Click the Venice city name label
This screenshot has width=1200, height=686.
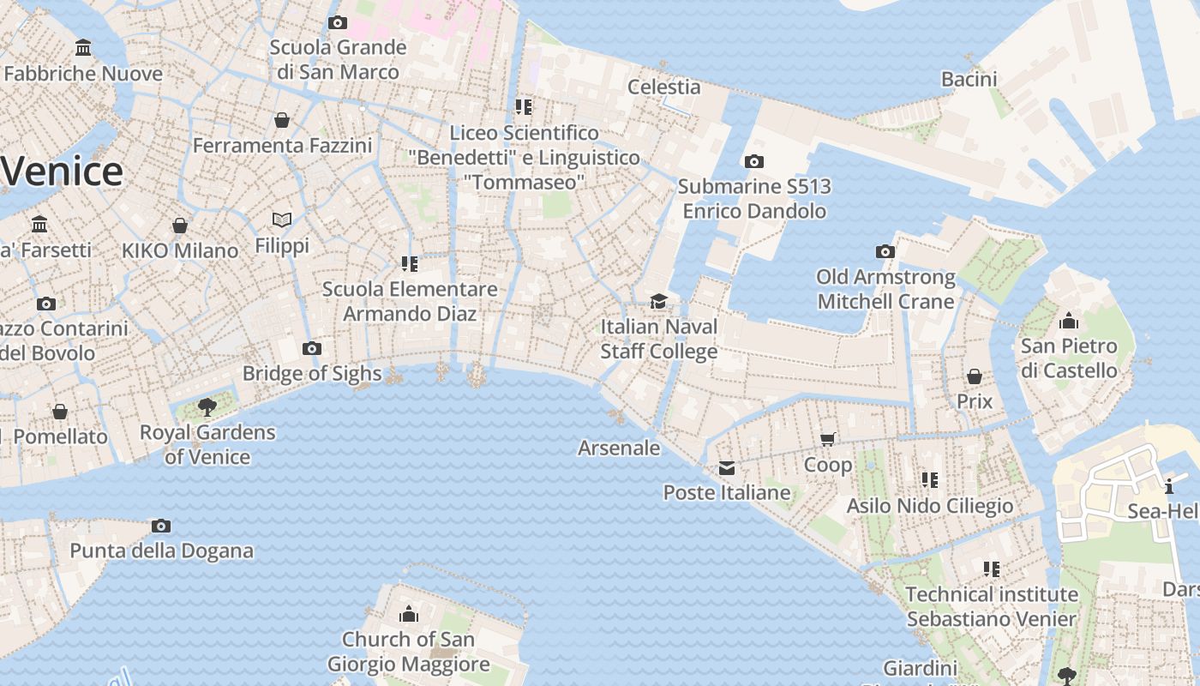tap(62, 171)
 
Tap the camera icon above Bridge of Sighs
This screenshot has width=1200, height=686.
tap(312, 348)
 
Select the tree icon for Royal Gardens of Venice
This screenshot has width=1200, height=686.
tap(207, 406)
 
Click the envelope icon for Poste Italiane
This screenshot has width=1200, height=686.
tap(727, 467)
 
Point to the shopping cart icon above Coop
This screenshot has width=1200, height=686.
tap(828, 440)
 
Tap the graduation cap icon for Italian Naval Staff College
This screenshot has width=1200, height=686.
tap(658, 301)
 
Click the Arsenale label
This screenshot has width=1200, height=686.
tap(619, 448)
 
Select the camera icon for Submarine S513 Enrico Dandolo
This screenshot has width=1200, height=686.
tap(754, 161)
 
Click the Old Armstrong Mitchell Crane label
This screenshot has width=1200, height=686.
tap(885, 289)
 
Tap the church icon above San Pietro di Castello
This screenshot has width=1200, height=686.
tap(1069, 322)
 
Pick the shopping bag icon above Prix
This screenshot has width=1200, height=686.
tap(975, 376)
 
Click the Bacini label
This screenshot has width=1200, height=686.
tap(969, 80)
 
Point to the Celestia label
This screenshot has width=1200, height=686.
tap(663, 87)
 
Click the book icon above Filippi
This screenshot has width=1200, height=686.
tap(282, 220)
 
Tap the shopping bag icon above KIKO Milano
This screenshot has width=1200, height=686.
tap(180, 226)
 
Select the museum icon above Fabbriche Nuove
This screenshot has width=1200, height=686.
tap(83, 47)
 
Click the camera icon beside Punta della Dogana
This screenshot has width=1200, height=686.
tap(161, 526)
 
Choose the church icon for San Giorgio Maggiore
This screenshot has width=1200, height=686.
tap(409, 614)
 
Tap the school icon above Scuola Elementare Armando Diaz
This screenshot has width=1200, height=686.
tap(410, 263)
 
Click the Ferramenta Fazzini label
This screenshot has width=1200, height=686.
tap(282, 146)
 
